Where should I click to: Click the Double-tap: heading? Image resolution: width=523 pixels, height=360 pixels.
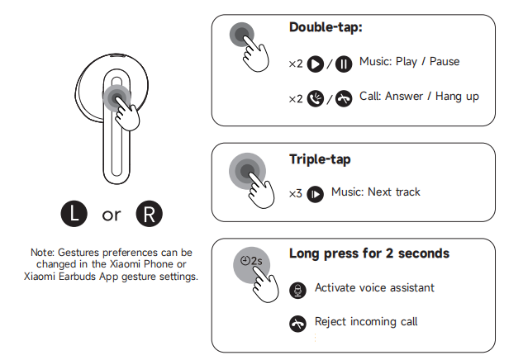(x=326, y=27)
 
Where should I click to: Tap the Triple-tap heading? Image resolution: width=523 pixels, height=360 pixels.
(x=320, y=159)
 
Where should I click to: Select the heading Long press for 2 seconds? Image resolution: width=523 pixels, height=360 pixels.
(x=369, y=253)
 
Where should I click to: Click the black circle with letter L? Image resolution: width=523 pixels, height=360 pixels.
(x=74, y=214)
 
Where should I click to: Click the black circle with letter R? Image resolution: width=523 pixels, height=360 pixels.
(x=149, y=214)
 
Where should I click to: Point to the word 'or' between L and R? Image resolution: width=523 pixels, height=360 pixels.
(x=112, y=216)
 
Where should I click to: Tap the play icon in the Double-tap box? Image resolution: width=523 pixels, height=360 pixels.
(x=315, y=64)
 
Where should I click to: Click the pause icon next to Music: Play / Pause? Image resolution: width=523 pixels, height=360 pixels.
(x=344, y=64)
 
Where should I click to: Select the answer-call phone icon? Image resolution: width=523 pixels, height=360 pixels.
(x=315, y=98)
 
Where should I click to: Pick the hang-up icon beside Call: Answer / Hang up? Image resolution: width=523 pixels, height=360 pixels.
(x=344, y=98)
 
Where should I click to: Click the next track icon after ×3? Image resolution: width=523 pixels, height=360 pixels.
(x=315, y=194)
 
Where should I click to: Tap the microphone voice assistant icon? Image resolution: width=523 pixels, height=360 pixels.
(x=298, y=291)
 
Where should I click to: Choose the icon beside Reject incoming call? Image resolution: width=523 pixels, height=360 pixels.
(x=298, y=324)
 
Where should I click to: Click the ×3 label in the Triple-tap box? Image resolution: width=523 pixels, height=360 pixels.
(x=296, y=194)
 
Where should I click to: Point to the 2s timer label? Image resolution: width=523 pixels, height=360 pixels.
(x=251, y=261)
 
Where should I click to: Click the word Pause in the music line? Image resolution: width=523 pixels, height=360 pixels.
(x=445, y=62)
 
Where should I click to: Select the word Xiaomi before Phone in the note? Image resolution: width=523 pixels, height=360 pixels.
(x=126, y=264)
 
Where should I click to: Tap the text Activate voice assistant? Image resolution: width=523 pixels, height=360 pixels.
(x=374, y=287)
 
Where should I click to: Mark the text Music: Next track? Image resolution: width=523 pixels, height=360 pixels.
(x=376, y=192)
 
